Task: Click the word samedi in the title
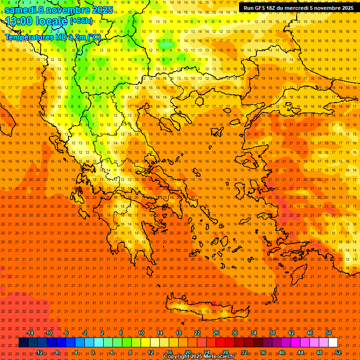[22, 10]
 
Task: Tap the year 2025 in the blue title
[99, 10]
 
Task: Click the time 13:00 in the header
[21, 21]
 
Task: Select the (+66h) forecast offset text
[82, 21]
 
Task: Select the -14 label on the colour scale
[30, 333]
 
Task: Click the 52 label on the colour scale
[338, 352]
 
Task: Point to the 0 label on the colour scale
[93, 352]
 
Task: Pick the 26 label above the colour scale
[216, 333]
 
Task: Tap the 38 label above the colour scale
[272, 333]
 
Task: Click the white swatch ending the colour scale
[333, 343]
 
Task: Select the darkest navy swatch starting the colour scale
[24, 343]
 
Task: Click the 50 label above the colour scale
[329, 333]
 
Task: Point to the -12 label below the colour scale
[39, 352]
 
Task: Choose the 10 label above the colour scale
[141, 333]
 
